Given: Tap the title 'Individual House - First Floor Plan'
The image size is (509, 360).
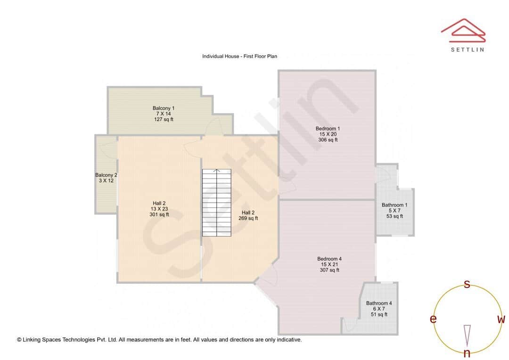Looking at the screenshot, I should coord(239,56).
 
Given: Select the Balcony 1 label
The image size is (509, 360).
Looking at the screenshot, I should coord(164,108).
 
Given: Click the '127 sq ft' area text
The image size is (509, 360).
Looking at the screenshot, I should coord(164,120).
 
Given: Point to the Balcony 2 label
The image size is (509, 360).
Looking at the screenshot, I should coord(106,175).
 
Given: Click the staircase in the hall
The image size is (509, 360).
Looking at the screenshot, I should coord(217,203).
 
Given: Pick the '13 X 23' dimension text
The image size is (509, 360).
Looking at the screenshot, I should coord(159,209).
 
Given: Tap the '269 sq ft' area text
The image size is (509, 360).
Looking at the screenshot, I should coord(248,218).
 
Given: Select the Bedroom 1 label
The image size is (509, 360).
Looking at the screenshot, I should coord(328,128).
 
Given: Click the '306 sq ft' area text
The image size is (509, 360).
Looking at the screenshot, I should coord(328,140).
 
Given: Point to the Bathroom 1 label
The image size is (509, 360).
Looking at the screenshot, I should coord(394,205).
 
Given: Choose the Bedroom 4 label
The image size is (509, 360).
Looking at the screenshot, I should coord(329,259).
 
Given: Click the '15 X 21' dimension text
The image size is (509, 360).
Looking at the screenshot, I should coord(329,264).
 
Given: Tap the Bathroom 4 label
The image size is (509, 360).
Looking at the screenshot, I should coord(379,303).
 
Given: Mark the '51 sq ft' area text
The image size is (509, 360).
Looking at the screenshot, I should coord(379,314).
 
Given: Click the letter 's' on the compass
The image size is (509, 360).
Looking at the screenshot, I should coord(467,284).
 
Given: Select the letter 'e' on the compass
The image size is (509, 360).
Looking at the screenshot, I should coord(433,319).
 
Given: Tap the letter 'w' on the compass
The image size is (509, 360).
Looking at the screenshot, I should coord(501,319).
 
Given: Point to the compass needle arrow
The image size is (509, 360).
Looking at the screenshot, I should coord(467,335).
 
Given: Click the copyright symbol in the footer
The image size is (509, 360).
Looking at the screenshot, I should coord(19,339).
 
